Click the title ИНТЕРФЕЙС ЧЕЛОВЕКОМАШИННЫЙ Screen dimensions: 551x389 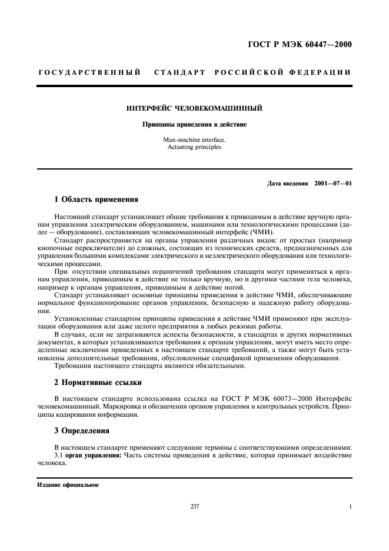tap(194, 108)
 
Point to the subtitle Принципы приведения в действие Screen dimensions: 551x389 tap(194, 125)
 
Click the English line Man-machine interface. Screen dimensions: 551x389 tap(194, 140)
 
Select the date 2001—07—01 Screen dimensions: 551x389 tap(333, 184)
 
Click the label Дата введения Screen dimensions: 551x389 tap(288, 184)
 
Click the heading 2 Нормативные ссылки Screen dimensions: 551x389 tap(98, 383)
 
